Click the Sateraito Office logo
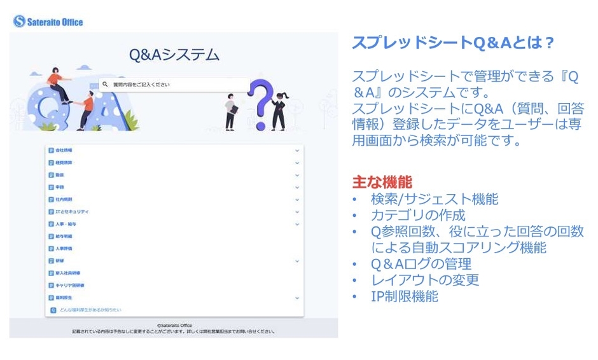(x=48, y=22)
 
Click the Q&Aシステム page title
(x=174, y=55)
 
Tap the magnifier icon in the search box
(x=106, y=84)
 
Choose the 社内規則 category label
(x=64, y=199)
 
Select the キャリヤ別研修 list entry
(x=69, y=285)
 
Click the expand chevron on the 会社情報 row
(x=296, y=151)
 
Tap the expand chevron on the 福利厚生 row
(x=296, y=297)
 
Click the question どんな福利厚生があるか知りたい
(x=89, y=309)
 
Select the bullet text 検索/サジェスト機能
(x=435, y=199)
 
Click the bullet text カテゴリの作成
(x=418, y=215)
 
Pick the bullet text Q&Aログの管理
(x=421, y=264)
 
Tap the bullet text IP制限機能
(x=405, y=296)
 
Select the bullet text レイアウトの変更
(x=425, y=280)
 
